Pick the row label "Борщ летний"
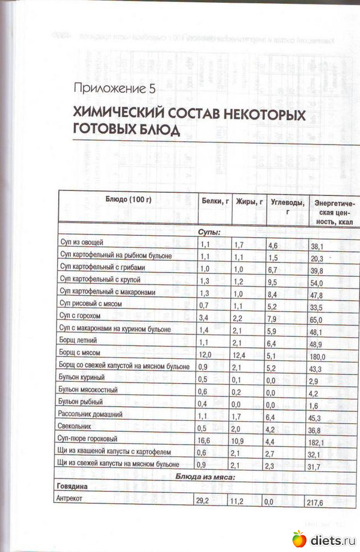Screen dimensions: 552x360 tap(76, 342)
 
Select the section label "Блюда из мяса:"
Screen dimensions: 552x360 tap(205, 476)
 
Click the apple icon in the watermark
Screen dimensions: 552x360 tap(299, 538)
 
